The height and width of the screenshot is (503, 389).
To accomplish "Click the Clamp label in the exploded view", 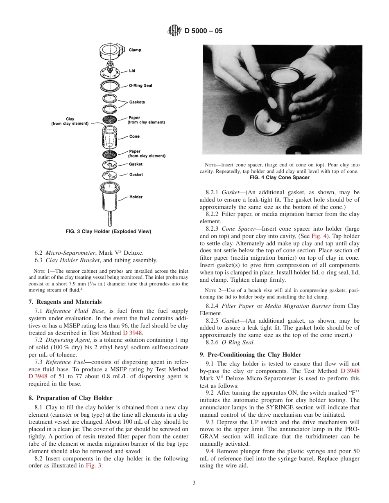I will [x=135, y=50].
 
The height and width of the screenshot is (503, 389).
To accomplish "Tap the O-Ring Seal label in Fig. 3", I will [x=140, y=85].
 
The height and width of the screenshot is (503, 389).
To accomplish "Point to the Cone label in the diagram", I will [x=134, y=137].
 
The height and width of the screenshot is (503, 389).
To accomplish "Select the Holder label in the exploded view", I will [x=136, y=197].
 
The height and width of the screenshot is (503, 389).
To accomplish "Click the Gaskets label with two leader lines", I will [x=137, y=102].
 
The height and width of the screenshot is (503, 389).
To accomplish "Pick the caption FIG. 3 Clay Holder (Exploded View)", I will [x=109, y=231].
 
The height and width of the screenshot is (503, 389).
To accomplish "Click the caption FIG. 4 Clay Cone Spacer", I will [x=280, y=177].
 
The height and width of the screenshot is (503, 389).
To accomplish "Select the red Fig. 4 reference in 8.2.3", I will [x=319, y=236].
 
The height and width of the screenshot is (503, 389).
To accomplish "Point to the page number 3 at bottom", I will [x=194, y=483].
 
